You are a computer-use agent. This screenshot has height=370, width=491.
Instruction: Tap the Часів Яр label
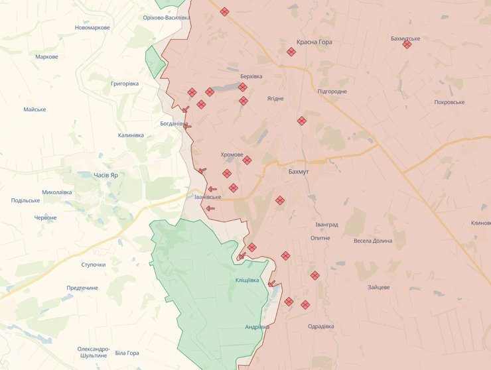[105, 175]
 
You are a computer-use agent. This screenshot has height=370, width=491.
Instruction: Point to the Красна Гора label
[315, 42]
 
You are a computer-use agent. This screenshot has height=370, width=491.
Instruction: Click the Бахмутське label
[405, 38]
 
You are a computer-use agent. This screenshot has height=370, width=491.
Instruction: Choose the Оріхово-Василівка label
[167, 17]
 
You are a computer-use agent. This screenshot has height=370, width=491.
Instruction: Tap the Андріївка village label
[257, 327]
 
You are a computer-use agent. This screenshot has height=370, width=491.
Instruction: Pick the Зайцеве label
[379, 287]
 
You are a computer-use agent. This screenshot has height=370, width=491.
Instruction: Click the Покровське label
[449, 102]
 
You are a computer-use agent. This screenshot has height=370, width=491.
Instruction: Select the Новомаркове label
[92, 27]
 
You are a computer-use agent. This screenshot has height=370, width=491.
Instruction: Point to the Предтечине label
[82, 288]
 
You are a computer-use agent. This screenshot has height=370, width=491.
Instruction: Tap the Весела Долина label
[373, 241]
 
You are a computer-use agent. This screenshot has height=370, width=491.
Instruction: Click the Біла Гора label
[127, 353]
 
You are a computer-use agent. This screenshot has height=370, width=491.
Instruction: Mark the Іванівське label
[208, 197]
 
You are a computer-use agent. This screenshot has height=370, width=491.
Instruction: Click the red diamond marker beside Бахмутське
[407, 44]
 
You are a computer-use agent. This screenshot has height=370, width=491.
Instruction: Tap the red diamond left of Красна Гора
[291, 52]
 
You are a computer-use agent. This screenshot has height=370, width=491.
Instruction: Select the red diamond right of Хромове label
[247, 160]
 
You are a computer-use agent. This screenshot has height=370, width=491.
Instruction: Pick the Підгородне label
[332, 92]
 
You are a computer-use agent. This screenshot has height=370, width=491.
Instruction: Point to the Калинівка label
[131, 135]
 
